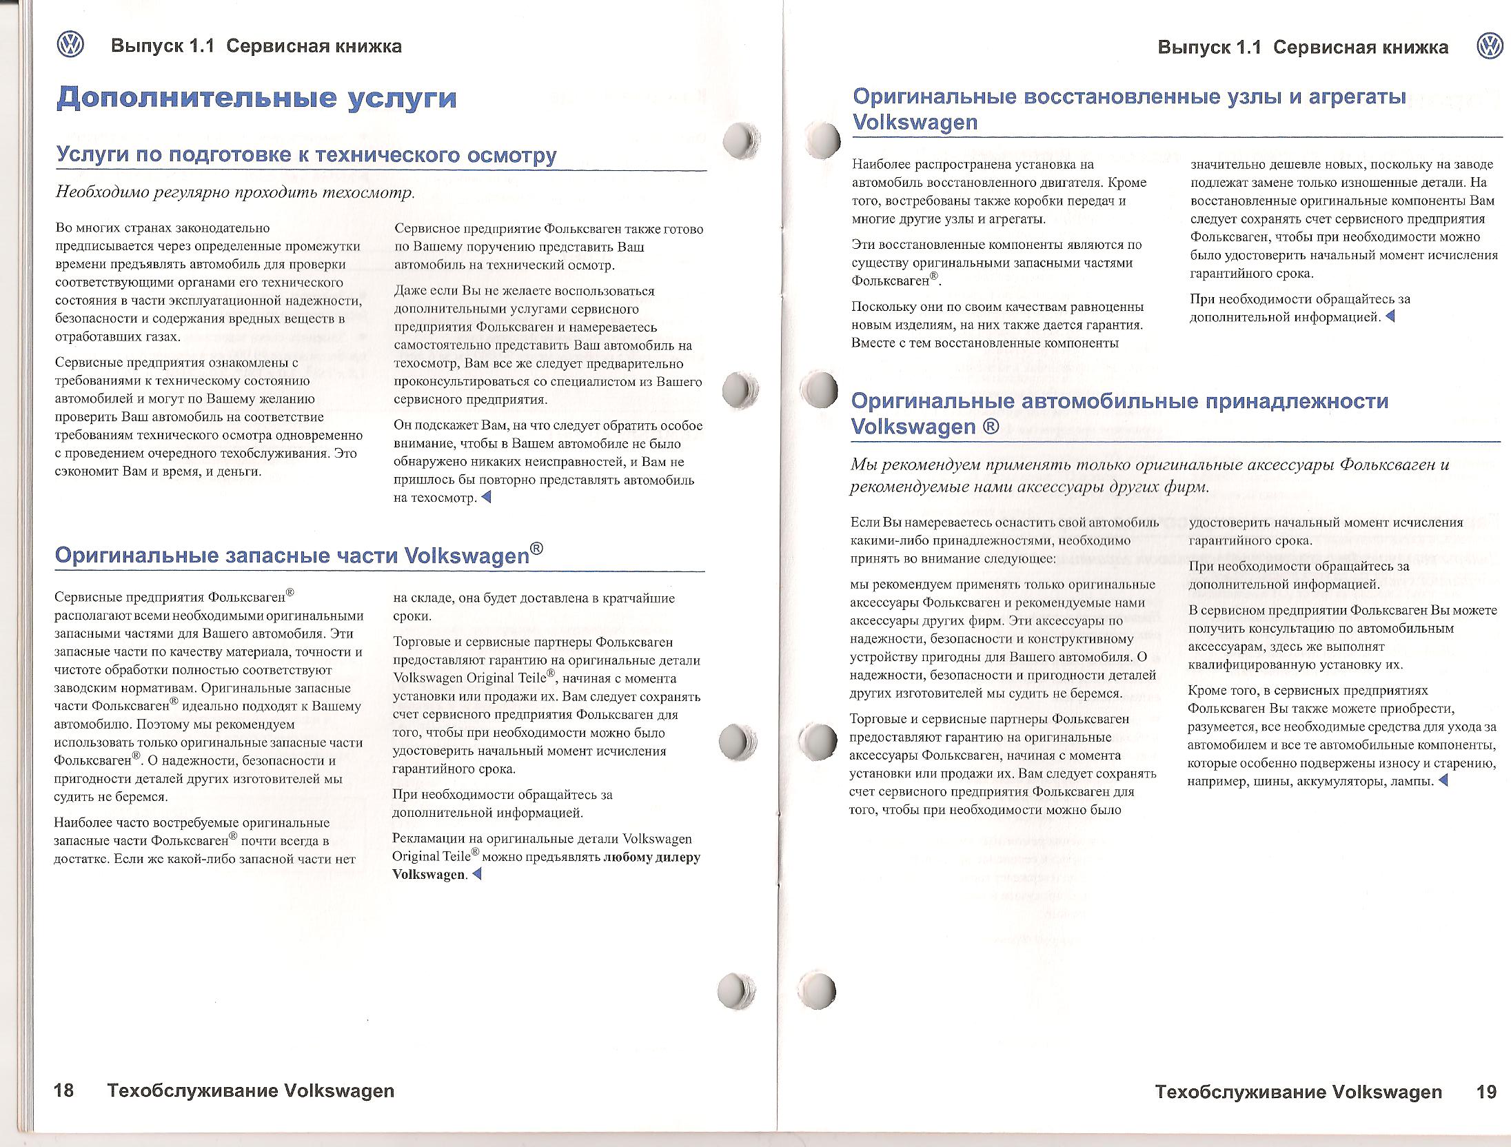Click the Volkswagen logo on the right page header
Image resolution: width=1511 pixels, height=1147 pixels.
(x=1489, y=46)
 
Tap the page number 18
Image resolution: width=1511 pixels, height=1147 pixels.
(x=63, y=1091)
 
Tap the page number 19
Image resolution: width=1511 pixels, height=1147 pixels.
(x=1486, y=1092)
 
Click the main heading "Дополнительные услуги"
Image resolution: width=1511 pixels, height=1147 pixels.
(x=256, y=98)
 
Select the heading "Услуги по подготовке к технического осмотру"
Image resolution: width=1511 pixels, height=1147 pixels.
(x=306, y=154)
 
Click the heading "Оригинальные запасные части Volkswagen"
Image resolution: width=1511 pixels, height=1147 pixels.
(x=298, y=555)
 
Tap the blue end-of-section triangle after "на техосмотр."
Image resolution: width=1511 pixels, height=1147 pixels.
(x=486, y=497)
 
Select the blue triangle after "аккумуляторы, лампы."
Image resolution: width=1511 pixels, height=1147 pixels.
(x=1443, y=781)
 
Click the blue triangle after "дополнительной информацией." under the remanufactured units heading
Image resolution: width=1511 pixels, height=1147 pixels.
(x=1390, y=316)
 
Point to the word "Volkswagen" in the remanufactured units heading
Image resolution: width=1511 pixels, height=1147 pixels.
(x=915, y=122)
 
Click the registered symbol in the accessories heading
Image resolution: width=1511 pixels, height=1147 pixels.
(x=991, y=427)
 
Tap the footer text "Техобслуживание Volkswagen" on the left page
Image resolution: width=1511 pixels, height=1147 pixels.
(x=251, y=1091)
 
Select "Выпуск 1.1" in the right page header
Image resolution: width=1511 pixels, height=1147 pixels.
(x=1209, y=47)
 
